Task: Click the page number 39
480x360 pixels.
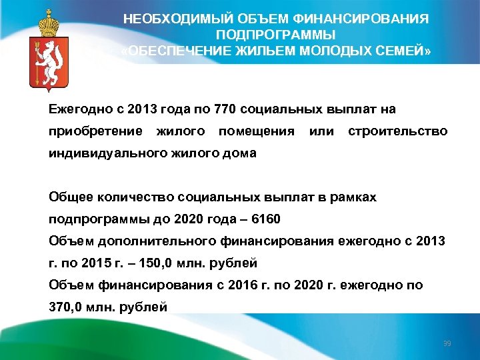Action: click(447, 343)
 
